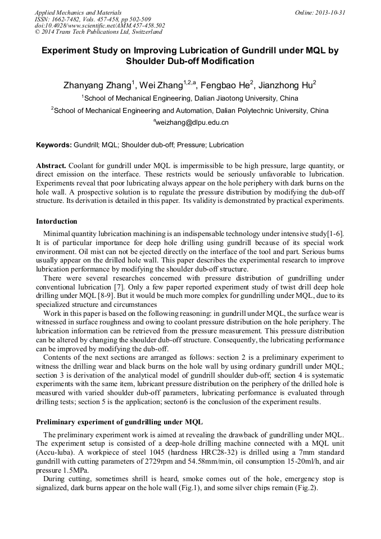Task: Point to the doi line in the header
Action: coord(99,25)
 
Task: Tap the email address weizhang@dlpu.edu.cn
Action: coord(192,122)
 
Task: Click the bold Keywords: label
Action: coord(54,145)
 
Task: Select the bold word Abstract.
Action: coord(51,166)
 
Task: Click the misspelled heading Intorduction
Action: coord(57,221)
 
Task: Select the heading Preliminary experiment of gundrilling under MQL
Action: coord(119,422)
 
